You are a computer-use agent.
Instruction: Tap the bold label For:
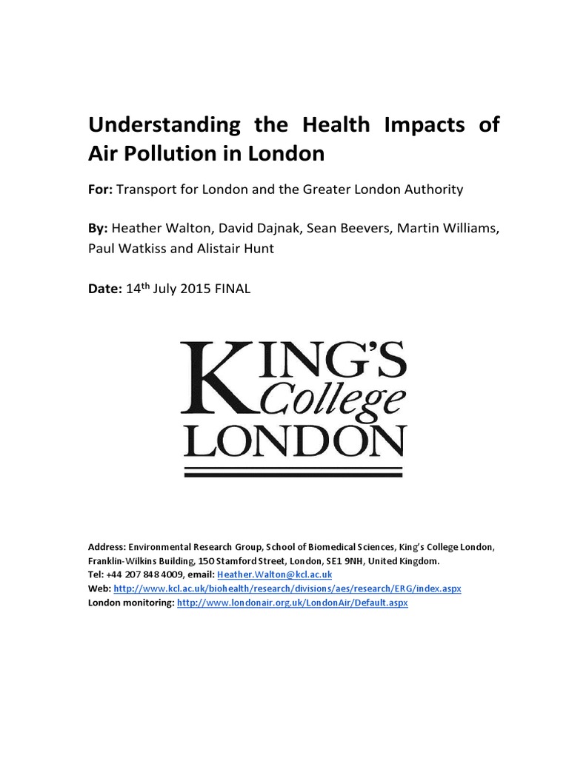coord(100,189)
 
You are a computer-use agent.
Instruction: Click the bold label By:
coord(99,228)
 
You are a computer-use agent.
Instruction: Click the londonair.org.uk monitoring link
coord(292,603)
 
